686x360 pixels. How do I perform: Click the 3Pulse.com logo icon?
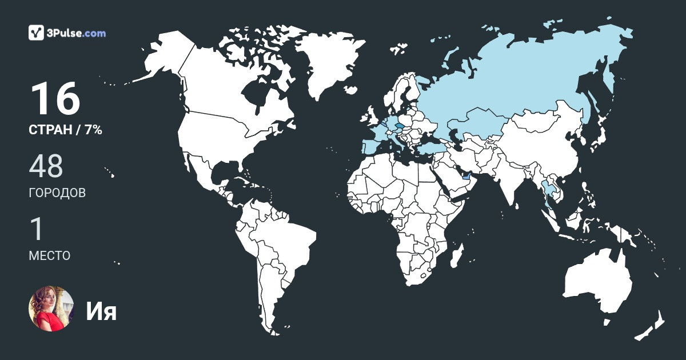[x=37, y=33]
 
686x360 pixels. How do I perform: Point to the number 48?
[x=46, y=166]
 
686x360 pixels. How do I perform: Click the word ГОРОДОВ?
[x=57, y=193]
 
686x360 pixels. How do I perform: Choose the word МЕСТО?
[x=50, y=255]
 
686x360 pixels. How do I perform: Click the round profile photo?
[x=51, y=309]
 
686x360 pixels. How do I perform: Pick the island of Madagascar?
[x=456, y=259]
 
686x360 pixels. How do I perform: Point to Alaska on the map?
[x=163, y=54]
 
